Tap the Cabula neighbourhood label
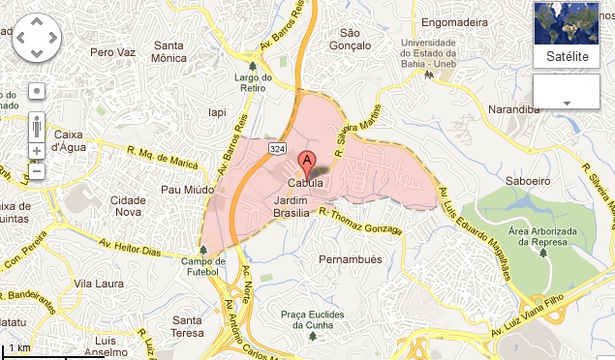click(305, 184)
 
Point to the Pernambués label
click(350, 259)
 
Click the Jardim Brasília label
click(292, 204)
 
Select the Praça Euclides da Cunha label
click(320, 320)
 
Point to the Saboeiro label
click(528, 180)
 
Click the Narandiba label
click(514, 109)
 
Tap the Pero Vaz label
click(108, 50)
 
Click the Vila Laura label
click(97, 284)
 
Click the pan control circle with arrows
click(38, 37)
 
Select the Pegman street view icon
click(37, 126)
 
